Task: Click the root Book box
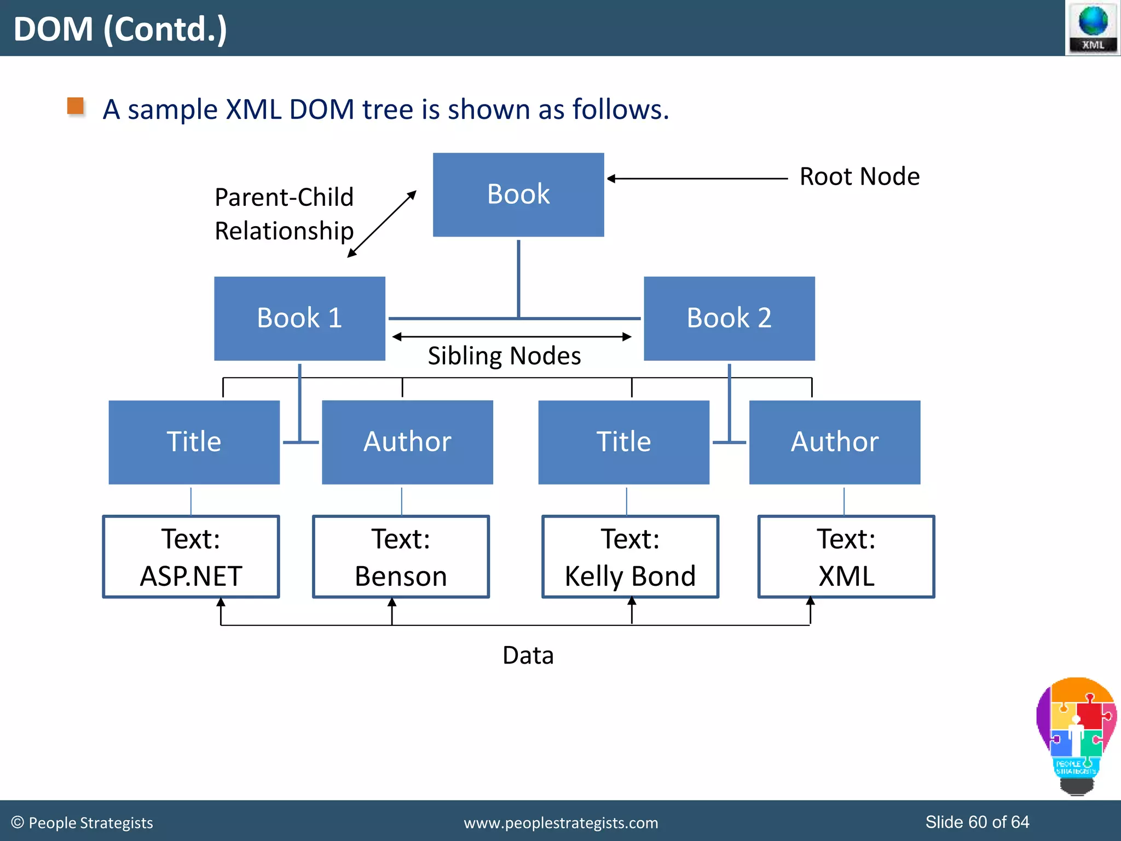point(518,194)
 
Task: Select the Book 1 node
point(299,318)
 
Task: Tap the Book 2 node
point(729,318)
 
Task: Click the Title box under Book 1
point(194,442)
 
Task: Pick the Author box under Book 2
point(834,442)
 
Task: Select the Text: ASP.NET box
point(190,557)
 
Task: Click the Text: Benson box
point(401,557)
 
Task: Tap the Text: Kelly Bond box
point(630,557)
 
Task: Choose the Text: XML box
point(846,557)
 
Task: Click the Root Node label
point(859,177)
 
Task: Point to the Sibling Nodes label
point(504,356)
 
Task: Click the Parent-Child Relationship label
point(284,214)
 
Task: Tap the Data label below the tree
point(528,655)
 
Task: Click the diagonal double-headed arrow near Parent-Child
point(382,224)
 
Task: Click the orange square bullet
point(76,106)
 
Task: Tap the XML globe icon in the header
point(1093,27)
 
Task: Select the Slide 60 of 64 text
point(977,822)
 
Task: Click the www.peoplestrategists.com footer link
point(560,823)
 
